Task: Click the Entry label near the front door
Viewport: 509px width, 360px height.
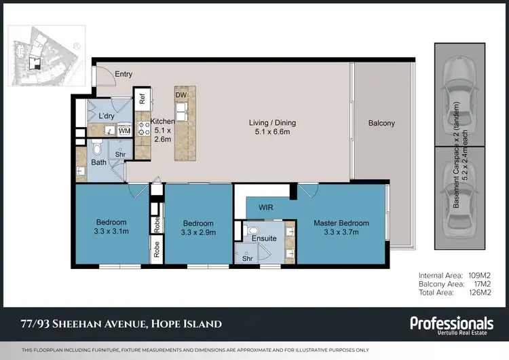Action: pos(124,75)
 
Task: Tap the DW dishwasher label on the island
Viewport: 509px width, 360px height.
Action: pos(181,95)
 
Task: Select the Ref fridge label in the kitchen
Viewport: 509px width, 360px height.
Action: pos(142,98)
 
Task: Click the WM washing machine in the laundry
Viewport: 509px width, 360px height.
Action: pos(124,130)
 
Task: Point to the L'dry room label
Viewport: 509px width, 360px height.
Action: pos(106,117)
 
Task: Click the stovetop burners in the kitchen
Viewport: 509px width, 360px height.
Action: pos(143,128)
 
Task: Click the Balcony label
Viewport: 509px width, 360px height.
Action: pos(381,123)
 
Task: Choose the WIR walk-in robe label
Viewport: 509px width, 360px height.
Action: pos(264,207)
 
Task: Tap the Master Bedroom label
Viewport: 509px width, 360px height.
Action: pos(341,223)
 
